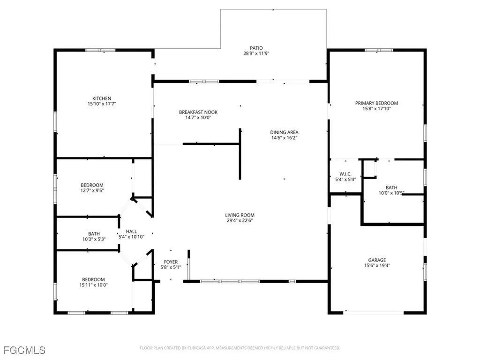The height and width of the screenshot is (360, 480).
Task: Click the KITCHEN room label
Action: pyautogui.click(x=101, y=98)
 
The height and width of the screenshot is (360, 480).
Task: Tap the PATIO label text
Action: pyautogui.click(x=256, y=48)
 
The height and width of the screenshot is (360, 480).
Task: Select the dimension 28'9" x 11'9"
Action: pyautogui.click(x=256, y=54)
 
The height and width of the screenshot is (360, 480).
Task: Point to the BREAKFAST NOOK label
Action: pyautogui.click(x=198, y=112)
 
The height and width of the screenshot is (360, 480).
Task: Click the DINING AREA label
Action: pyautogui.click(x=284, y=132)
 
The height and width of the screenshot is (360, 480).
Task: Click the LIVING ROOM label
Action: pyautogui.click(x=240, y=215)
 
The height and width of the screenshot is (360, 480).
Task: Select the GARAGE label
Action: pyautogui.click(x=376, y=260)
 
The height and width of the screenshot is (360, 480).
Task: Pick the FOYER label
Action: pyautogui.click(x=171, y=262)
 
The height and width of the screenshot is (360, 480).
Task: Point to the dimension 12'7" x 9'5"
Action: pyautogui.click(x=92, y=191)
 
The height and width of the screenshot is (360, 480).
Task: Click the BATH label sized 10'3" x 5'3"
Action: pyautogui.click(x=94, y=233)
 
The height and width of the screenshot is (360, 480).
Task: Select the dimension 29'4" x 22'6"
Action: pyautogui.click(x=240, y=221)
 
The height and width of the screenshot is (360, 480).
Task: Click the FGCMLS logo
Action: pyautogui.click(x=24, y=350)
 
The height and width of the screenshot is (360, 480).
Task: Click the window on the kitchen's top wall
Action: pyautogui.click(x=100, y=50)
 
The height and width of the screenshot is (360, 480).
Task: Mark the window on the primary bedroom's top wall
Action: pyautogui.click(x=379, y=50)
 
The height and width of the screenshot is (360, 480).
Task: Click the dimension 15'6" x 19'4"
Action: pyautogui.click(x=376, y=265)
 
